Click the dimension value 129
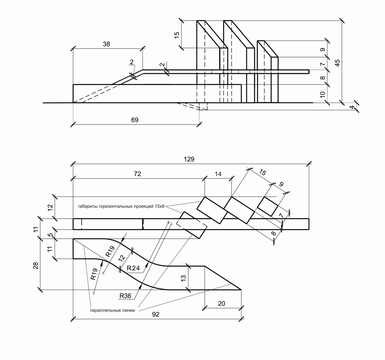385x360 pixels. coord(189,159)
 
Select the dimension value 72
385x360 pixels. coord(137,174)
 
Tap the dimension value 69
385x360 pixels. coord(135,120)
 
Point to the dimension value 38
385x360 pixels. coord(106,44)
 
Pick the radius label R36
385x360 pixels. coord(125,296)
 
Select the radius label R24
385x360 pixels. coord(133,268)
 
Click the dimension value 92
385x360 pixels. coord(156,314)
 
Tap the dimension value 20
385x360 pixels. coord(221,303)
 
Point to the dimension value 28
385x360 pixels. coord(36,266)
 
